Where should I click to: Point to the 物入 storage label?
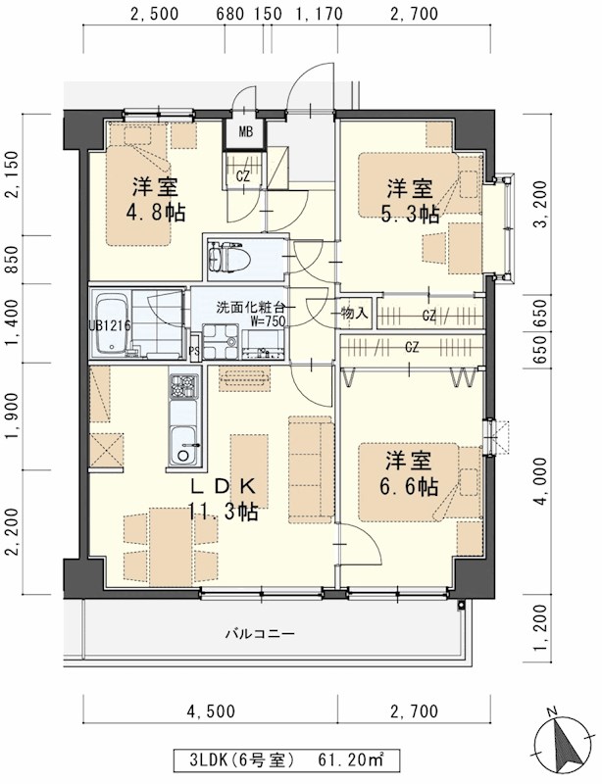coord(354,314)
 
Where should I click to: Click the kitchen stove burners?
coord(183,389)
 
